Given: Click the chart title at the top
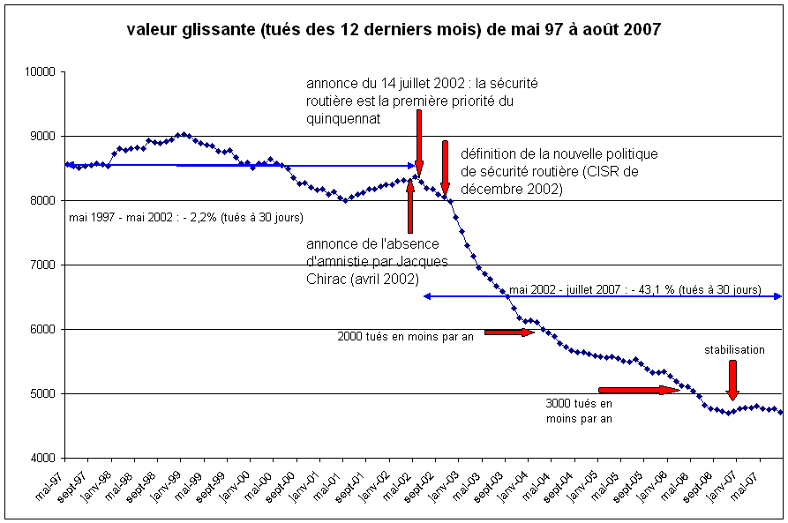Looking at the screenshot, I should pos(394,30).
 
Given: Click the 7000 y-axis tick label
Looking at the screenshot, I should pos(43,265).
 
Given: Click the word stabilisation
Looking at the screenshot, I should pos(734,350).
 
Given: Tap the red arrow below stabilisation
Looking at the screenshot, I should pos(733,379).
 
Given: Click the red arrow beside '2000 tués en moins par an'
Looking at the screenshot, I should pos(509,332).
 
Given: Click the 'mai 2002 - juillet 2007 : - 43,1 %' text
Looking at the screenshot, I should pos(634,288).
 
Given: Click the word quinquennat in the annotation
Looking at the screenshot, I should pos(343,118).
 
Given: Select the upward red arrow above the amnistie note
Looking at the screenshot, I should pos(410,203).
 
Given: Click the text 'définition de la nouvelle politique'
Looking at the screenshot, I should pos(559,154).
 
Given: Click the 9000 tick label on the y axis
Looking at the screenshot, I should pos(43,137).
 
